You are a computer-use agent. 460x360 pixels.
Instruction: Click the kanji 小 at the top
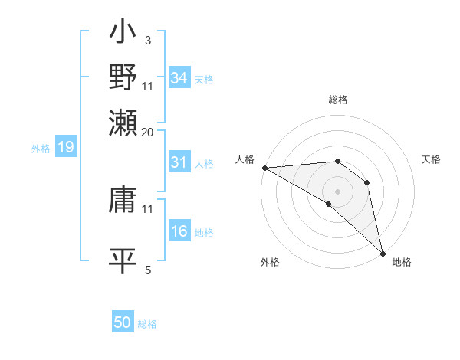pyautogui.click(x=123, y=35)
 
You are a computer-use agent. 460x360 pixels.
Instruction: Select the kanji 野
pyautogui.click(x=123, y=77)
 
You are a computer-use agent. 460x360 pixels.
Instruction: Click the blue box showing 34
pyautogui.click(x=179, y=78)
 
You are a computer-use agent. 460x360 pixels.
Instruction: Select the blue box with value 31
pyautogui.click(x=179, y=162)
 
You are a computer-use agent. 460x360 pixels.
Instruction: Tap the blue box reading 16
pyautogui.click(x=179, y=231)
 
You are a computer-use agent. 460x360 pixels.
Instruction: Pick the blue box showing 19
pyautogui.click(x=65, y=147)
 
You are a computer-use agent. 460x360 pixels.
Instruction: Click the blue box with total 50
pyautogui.click(x=123, y=322)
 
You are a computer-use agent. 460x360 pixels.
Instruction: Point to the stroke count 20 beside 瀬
pyautogui.click(x=148, y=132)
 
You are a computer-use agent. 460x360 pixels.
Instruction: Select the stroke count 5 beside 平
pyautogui.click(x=148, y=270)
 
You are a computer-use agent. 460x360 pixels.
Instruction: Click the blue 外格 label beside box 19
pyautogui.click(x=41, y=148)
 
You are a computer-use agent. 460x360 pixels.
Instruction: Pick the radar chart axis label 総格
pyautogui.click(x=337, y=100)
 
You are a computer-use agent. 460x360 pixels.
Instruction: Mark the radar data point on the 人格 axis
pyautogui.click(x=264, y=168)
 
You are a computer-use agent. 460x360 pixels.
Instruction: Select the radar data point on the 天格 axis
pyautogui.click(x=367, y=182)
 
